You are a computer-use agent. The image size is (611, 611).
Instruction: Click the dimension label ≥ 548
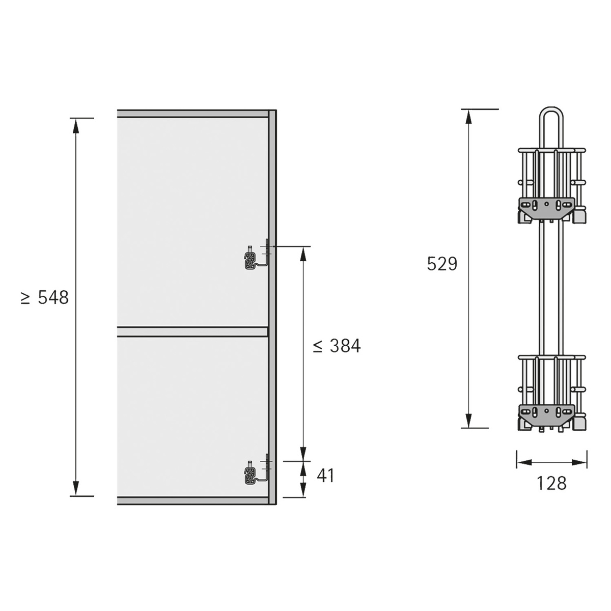(45, 298)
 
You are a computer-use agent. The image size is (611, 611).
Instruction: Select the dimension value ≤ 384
(337, 346)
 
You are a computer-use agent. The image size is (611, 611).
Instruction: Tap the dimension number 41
(325, 476)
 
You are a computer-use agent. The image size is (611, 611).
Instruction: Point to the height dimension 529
(442, 264)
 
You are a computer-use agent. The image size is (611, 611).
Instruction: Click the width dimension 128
(551, 483)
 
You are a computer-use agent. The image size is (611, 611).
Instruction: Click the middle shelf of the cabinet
(192, 332)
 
